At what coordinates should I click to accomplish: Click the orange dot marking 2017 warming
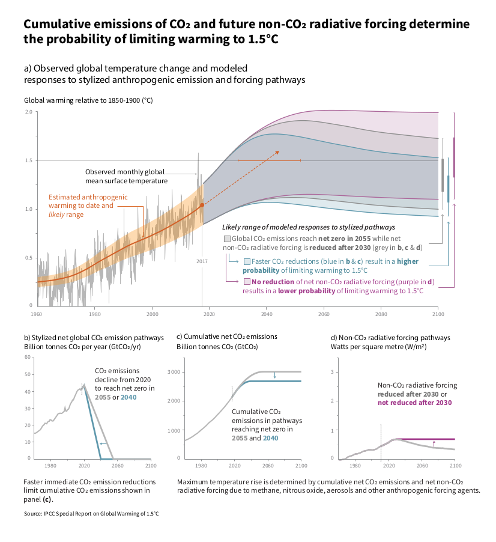202,205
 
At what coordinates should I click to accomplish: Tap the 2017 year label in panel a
202,261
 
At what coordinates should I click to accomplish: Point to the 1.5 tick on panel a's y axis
29,161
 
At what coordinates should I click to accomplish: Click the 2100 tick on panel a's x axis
438,314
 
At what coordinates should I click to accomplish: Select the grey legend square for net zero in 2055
226,239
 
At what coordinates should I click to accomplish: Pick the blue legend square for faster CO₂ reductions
247,261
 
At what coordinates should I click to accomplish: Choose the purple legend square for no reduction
247,282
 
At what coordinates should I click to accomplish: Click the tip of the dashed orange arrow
279,152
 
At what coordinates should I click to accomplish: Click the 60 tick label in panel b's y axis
28,358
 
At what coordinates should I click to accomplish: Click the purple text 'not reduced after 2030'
414,403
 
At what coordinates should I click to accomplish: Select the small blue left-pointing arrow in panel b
103,444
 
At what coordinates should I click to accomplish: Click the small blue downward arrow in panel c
274,376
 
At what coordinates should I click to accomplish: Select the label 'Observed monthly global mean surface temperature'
126,176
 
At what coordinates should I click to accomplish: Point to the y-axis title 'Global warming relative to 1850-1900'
88,101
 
